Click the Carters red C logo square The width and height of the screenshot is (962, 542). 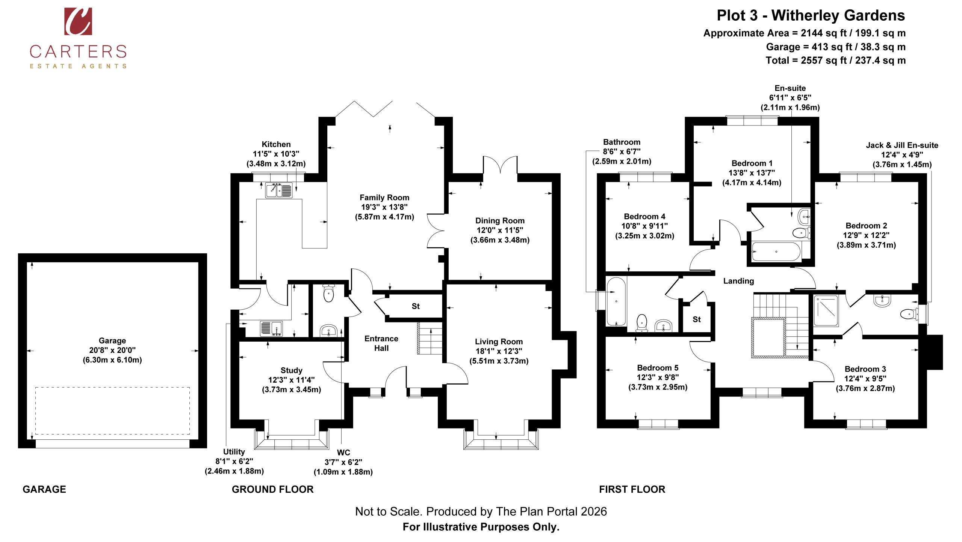click(78, 21)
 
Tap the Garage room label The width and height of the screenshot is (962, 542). click(112, 341)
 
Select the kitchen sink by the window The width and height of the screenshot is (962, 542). click(279, 190)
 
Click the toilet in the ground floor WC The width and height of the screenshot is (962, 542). click(328, 293)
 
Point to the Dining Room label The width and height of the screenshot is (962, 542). click(500, 221)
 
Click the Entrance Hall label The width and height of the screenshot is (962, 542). click(381, 343)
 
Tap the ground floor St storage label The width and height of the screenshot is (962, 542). click(416, 306)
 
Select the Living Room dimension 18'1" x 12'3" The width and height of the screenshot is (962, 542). click(499, 351)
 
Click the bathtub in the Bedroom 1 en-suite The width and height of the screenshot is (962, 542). click(776, 251)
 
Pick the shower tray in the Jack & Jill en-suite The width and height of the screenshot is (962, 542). click(826, 310)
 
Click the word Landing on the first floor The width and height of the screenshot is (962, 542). click(738, 281)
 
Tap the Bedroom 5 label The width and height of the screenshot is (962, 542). click(658, 368)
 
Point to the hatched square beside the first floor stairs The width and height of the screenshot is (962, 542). click(768, 338)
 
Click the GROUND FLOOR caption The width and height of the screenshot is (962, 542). click(272, 489)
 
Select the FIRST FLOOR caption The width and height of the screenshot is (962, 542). click(632, 489)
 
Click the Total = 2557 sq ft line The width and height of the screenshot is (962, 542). click(836, 61)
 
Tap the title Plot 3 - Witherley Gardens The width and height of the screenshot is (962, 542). click(811, 15)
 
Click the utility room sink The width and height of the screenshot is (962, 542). click(271, 328)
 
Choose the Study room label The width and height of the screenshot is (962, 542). click(291, 370)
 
